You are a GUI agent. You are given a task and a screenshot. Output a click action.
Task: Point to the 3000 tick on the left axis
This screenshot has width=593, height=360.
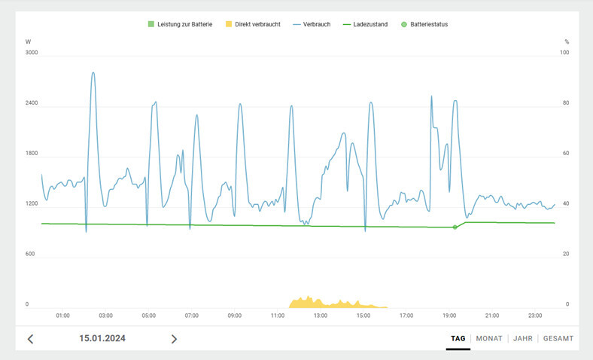[32, 53]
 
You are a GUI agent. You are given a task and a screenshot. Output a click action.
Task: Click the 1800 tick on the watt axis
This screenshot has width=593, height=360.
[32, 154]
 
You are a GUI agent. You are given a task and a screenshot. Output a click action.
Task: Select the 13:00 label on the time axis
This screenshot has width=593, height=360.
[321, 316]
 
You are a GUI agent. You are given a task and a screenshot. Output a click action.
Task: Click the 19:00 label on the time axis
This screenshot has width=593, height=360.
[449, 316]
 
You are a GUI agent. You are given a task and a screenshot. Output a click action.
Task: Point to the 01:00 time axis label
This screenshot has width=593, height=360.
[63, 316]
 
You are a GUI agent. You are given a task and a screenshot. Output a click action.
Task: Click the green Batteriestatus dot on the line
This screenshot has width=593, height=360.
[455, 227]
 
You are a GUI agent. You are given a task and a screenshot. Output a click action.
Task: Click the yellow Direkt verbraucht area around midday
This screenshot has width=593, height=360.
[324, 304]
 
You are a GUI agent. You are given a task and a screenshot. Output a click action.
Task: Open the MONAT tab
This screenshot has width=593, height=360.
[489, 339]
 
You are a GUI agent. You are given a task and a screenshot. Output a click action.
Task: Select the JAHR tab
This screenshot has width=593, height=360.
[523, 339]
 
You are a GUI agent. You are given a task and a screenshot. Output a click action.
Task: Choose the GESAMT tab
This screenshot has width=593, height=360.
[558, 339]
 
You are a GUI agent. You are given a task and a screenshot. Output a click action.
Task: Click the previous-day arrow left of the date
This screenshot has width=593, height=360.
[31, 339]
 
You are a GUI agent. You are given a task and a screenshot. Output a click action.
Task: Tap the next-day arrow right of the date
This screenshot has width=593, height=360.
[174, 339]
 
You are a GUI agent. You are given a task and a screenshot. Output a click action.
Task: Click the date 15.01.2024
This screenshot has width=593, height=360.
[102, 339]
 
